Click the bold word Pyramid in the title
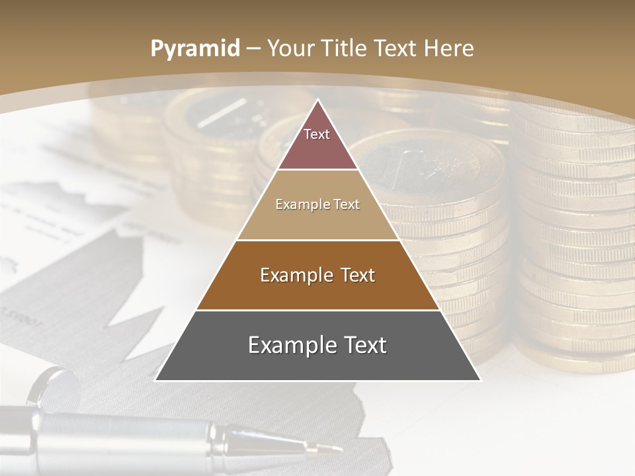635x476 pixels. coord(194,49)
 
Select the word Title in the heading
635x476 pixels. coord(343,48)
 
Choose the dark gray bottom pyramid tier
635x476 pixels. coord(317,354)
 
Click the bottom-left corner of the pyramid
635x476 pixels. coord(155,380)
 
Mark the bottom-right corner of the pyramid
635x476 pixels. coord(480,380)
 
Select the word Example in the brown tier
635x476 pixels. coord(290,275)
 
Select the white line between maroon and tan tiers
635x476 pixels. coord(317,170)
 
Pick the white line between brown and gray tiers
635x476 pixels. coord(317,310)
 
